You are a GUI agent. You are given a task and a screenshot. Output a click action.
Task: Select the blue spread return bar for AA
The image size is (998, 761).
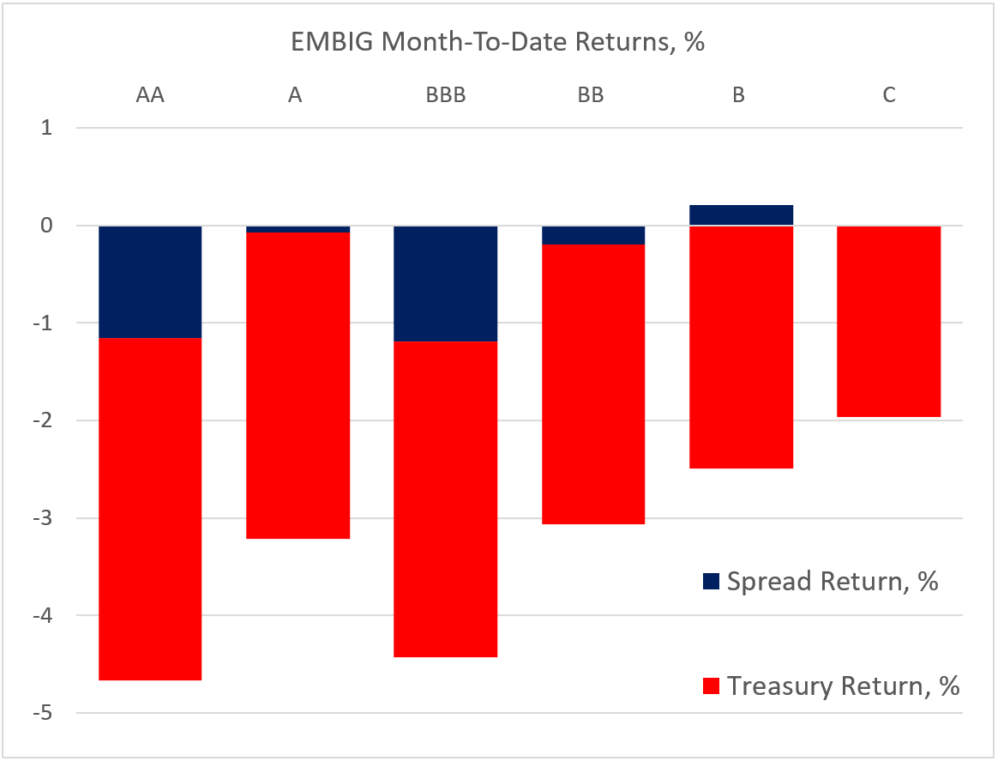coord(150,281)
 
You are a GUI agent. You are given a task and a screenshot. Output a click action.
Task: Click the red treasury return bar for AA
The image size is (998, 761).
coord(150,509)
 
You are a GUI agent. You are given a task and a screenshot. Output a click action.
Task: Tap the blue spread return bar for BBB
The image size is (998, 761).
coord(445,283)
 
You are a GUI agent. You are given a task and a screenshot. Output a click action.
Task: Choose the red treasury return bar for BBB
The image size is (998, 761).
coord(445,499)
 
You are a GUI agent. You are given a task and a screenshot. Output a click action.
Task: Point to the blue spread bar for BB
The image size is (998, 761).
coord(593,235)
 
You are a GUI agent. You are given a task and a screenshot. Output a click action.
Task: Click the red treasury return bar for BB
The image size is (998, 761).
coord(593,384)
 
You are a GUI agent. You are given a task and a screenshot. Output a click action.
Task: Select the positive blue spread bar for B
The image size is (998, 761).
coord(741,214)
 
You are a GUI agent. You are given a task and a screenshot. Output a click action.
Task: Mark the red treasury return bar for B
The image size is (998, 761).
coord(741,347)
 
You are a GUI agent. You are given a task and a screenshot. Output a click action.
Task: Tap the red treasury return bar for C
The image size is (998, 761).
coord(889,322)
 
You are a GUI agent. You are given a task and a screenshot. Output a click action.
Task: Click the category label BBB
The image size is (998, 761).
coord(445,95)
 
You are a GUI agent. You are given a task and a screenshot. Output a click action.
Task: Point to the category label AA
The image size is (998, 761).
coord(150,95)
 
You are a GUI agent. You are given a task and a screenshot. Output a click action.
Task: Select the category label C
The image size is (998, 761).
coord(889,95)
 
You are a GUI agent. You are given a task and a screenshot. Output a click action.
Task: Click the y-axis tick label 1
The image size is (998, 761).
coord(48,129)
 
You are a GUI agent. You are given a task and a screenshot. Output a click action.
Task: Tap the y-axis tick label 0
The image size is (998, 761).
coord(48,226)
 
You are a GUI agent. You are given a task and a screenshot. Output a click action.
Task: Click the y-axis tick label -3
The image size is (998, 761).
coord(45,518)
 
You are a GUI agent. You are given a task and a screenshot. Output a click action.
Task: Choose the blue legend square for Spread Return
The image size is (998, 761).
coord(711,582)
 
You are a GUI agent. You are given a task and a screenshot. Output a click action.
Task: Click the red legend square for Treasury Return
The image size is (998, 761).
coord(711,686)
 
